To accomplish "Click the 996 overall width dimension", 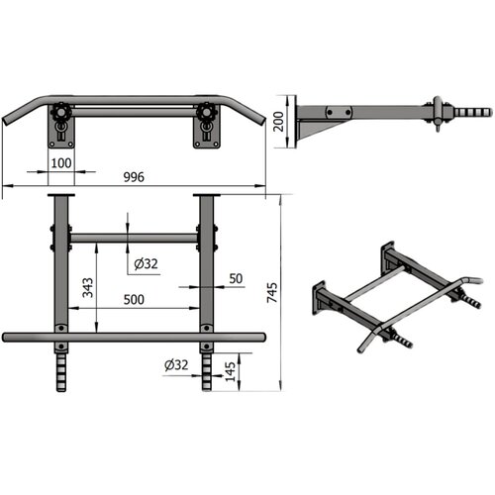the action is [x=134, y=177].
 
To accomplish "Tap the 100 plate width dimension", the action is [x=61, y=163].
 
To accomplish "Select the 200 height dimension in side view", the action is [x=279, y=122].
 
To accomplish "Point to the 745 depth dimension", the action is [x=272, y=292].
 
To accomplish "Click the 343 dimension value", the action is [x=88, y=288].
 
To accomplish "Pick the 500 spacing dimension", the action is [x=134, y=300].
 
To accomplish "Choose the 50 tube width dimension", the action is [x=236, y=279].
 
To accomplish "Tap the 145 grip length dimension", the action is [x=231, y=372].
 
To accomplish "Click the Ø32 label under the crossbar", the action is [x=146, y=264].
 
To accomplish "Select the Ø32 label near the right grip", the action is [x=176, y=365].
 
